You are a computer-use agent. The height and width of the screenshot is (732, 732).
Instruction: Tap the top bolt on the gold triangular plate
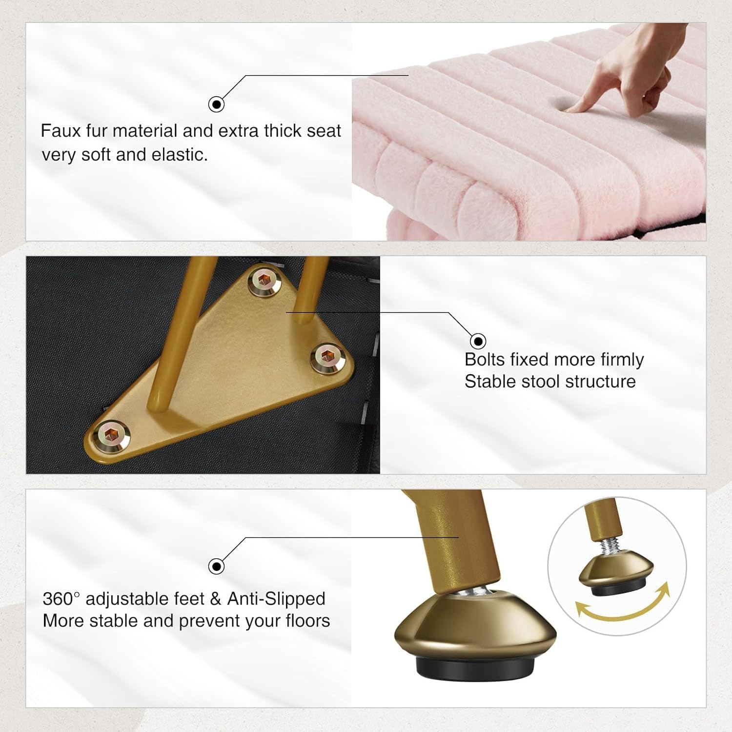coord(264,281)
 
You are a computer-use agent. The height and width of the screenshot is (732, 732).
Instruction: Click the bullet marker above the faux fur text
coord(216,104)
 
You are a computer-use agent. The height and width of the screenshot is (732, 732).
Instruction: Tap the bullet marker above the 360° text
coord(216,566)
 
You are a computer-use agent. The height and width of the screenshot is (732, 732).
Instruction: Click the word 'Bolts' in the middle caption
coord(485,360)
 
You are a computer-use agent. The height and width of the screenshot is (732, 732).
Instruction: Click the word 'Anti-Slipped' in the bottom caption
coord(276,599)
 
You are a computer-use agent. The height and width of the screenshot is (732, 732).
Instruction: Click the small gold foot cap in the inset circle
coord(616,571)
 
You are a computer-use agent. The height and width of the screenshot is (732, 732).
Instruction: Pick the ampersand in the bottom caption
coord(216,599)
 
